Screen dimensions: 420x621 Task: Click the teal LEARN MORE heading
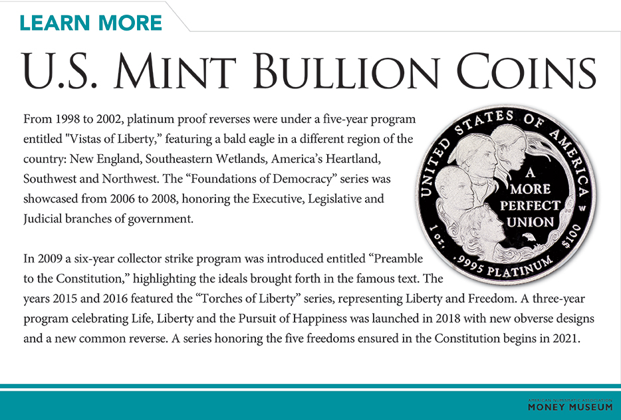pos(91,22)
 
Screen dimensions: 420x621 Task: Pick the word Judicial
pos(43,219)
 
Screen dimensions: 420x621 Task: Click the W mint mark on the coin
pos(580,207)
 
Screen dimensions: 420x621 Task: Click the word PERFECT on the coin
pos(531,205)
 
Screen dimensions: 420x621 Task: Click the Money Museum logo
pos(570,405)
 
